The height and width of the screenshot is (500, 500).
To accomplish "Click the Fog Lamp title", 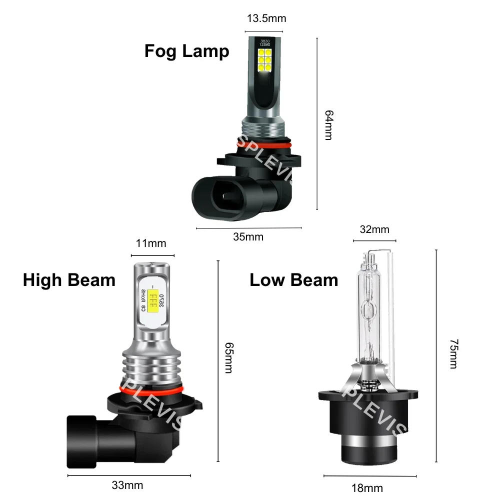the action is (x=186, y=51).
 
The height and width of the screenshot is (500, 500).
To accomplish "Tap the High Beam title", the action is (x=69, y=280).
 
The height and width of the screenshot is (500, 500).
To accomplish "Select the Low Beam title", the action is (x=293, y=280).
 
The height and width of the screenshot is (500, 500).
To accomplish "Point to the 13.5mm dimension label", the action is (x=266, y=18).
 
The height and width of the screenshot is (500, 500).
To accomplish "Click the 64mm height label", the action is (x=328, y=125).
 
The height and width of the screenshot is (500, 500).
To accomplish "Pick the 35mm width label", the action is (x=248, y=236).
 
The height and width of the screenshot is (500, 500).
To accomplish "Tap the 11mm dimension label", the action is (x=151, y=243).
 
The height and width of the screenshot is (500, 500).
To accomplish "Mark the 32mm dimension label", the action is (x=374, y=229).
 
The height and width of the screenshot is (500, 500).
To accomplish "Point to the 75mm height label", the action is (x=453, y=353).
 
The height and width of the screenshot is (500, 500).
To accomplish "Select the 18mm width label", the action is (x=367, y=487).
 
